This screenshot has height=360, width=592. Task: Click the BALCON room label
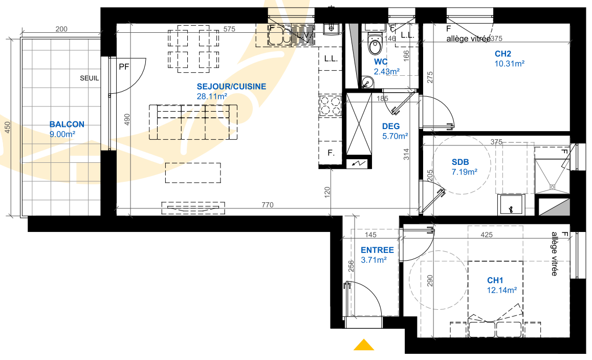coord(67,124)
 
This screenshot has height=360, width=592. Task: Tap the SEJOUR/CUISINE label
coord(231,87)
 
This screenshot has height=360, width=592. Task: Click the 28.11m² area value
coord(212,96)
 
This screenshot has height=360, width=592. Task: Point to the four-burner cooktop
coord(331,105)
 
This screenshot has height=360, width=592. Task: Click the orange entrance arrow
coord(364,345)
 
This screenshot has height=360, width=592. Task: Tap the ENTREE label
coord(377,250)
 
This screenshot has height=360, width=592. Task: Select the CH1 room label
coord(495,280)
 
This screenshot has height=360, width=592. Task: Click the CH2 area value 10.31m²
coord(509,64)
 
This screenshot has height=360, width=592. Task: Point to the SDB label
coord(460,162)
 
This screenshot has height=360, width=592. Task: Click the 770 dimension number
coord(267,205)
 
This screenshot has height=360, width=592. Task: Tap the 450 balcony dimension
coord(8,128)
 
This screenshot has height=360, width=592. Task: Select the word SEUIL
coord(90,78)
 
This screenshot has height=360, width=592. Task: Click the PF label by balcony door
coord(124,67)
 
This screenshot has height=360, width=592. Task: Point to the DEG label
coord(391,126)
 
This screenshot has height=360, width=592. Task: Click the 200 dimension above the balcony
coord(61,29)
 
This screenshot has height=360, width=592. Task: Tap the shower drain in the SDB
coord(553,186)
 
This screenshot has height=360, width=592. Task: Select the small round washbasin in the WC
coord(367,82)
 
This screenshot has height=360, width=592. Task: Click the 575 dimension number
coord(229,29)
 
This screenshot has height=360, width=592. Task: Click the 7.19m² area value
coord(465,172)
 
